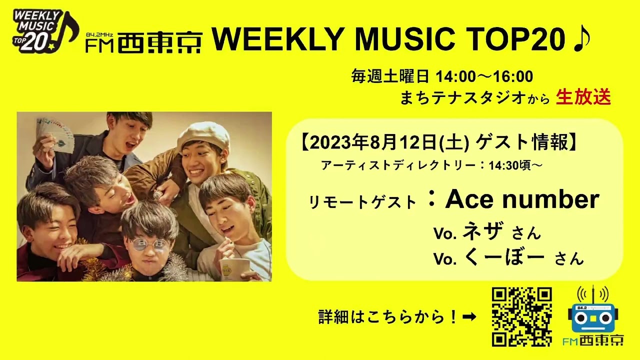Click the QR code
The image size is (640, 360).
521,317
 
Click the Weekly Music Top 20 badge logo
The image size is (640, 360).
45,31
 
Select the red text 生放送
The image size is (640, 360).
583,97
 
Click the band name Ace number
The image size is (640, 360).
521,199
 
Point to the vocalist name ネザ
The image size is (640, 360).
482,231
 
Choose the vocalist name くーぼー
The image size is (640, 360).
504,257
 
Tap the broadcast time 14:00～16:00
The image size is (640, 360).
484,76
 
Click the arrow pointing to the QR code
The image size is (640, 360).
469,316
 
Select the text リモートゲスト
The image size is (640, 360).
362,202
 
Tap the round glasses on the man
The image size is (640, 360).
150,244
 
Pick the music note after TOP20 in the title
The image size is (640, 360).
581,38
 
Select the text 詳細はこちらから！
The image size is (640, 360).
388,316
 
